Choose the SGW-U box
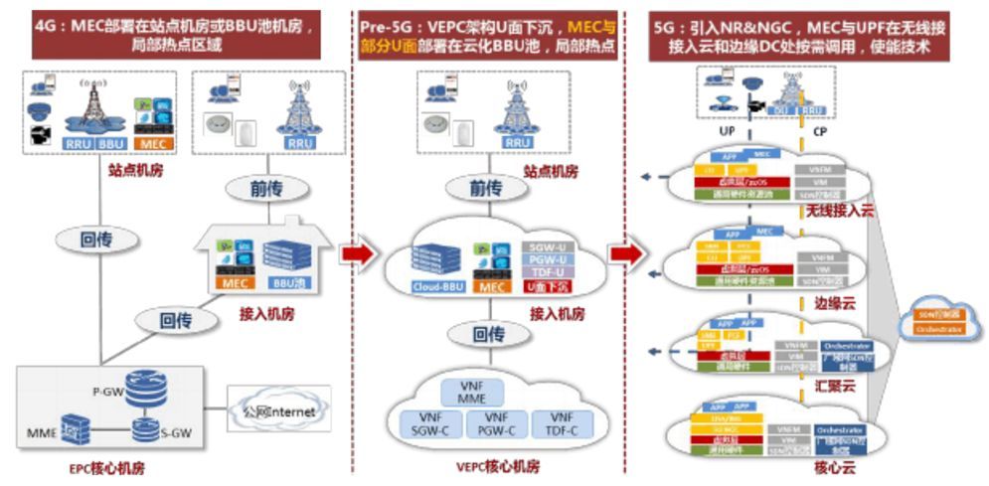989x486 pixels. click(x=544, y=246)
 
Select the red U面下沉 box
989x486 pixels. click(x=544, y=287)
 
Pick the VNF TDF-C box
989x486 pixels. click(x=563, y=425)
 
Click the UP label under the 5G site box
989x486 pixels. click(x=727, y=130)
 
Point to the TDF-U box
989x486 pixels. click(x=544, y=272)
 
